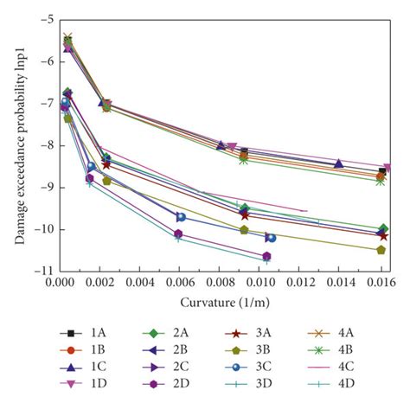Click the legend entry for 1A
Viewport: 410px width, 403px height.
click(x=86, y=333)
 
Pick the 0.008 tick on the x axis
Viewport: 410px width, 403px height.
click(x=220, y=283)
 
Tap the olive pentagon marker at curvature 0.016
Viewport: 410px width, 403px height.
click(x=381, y=250)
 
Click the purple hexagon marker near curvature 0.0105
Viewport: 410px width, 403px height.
click(x=267, y=256)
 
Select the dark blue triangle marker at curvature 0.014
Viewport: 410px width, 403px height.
click(x=339, y=163)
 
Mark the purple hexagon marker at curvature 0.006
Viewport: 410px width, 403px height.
click(x=178, y=234)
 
